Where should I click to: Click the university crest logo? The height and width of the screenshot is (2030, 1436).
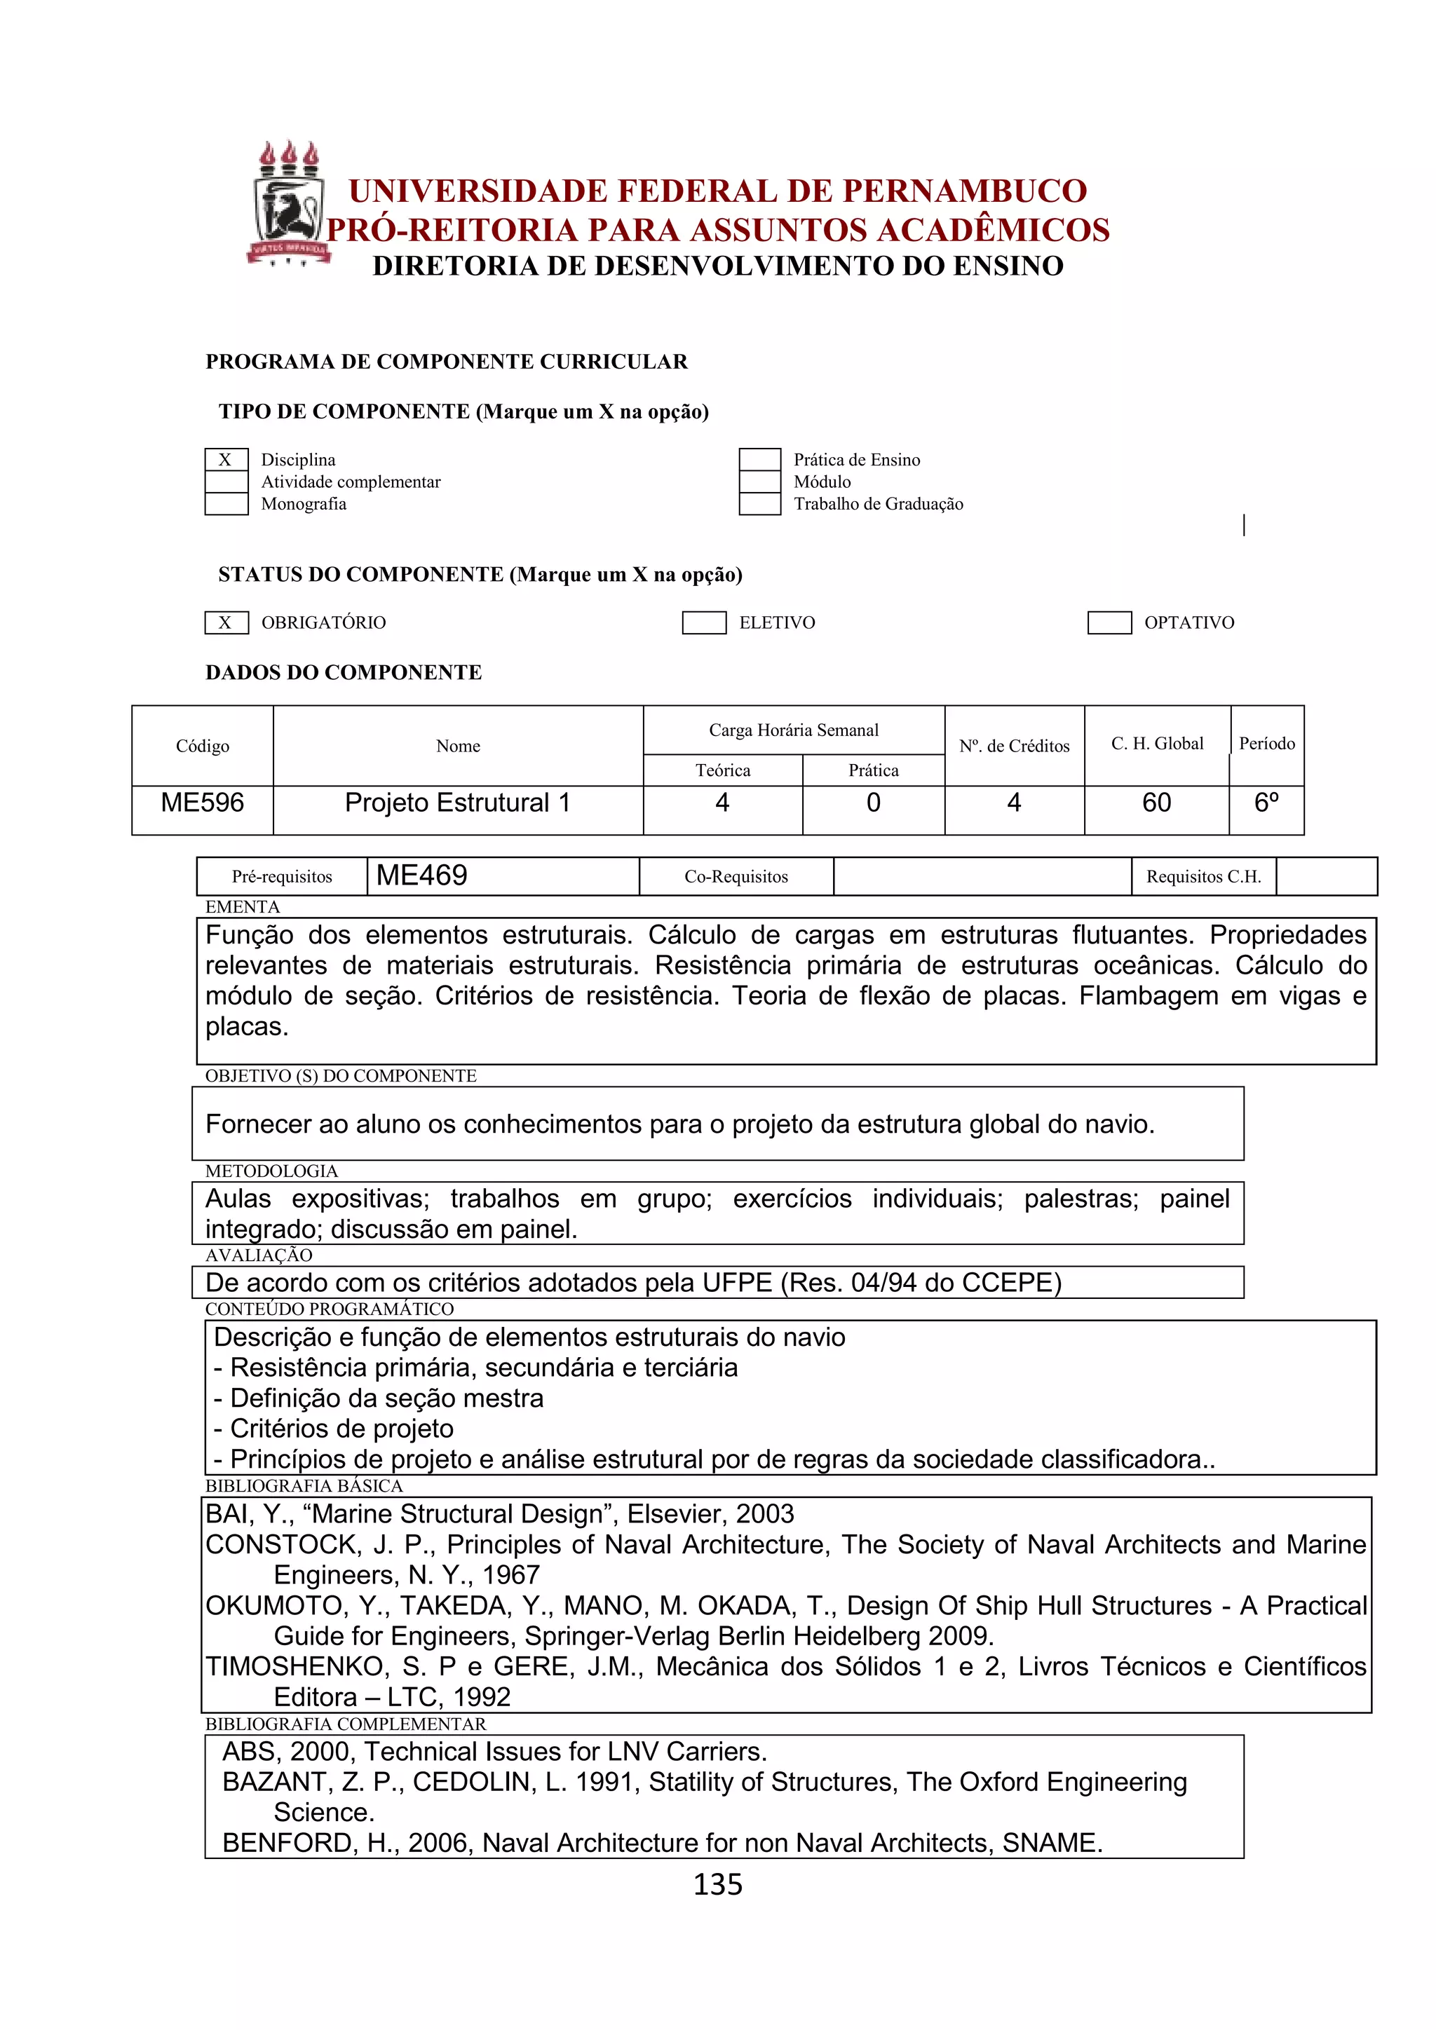(288, 203)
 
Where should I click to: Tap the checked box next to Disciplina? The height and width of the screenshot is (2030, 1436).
(226, 460)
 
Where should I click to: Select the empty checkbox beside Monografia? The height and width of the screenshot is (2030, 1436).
(226, 504)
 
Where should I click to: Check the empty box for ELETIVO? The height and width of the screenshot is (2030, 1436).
(704, 622)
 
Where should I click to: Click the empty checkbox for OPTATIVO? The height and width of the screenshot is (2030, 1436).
(1109, 622)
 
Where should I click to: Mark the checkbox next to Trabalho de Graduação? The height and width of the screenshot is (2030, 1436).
(759, 504)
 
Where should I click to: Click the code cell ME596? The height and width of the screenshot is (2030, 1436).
(203, 803)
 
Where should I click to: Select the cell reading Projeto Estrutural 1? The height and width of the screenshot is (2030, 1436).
(457, 803)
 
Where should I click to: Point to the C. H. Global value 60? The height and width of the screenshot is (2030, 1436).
(1156, 803)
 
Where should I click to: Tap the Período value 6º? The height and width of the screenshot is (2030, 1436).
(1266, 803)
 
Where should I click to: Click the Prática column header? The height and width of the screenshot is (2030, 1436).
(873, 770)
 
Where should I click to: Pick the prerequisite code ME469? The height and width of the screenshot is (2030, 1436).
(422, 876)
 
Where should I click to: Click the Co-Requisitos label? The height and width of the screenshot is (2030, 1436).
(736, 876)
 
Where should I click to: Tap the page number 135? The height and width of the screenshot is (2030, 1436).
(717, 1884)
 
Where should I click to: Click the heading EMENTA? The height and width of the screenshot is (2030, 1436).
(243, 906)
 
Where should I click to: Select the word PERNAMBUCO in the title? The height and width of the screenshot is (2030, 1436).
(965, 191)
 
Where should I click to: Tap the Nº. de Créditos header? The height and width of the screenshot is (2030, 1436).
(1014, 747)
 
